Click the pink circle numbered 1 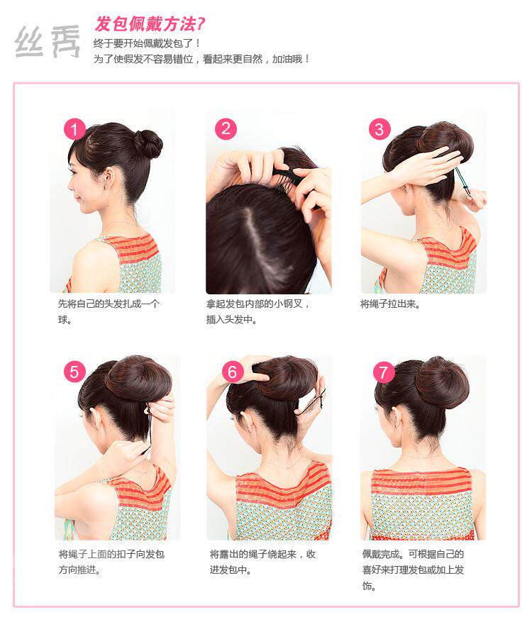pyautogui.click(x=74, y=130)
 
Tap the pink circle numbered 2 pyautogui.click(x=226, y=129)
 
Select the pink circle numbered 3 pyautogui.click(x=379, y=129)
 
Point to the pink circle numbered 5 pyautogui.click(x=74, y=372)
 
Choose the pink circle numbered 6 pyautogui.click(x=232, y=372)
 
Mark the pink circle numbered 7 pyautogui.click(x=384, y=372)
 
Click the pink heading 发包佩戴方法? pyautogui.click(x=150, y=24)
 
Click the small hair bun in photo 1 pyautogui.click(x=148, y=144)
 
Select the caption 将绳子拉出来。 pyautogui.click(x=391, y=304)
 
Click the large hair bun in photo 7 pyautogui.click(x=442, y=382)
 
